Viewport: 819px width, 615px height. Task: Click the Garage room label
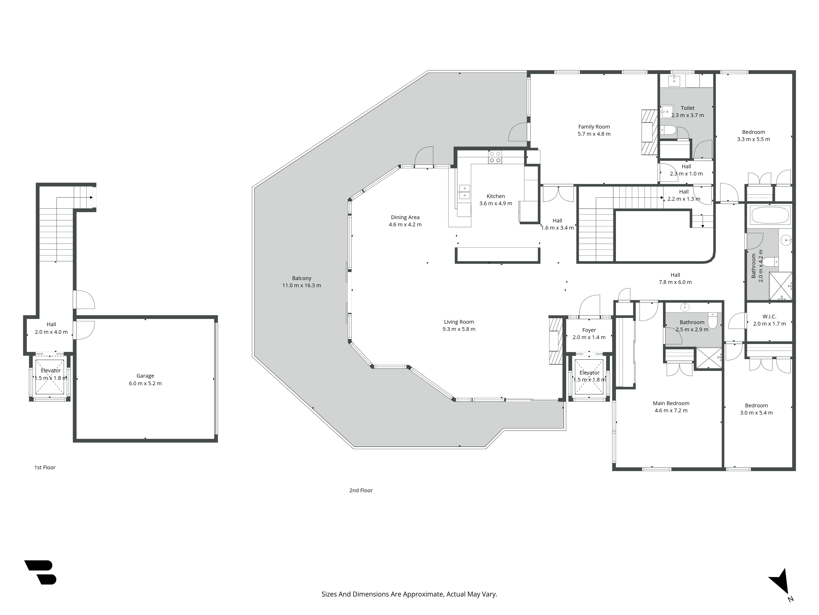point(145,376)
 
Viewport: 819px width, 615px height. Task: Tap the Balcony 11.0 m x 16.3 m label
point(301,282)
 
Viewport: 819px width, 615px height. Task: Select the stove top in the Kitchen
point(495,157)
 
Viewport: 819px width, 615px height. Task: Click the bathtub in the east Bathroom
point(770,215)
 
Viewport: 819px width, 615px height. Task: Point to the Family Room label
point(594,127)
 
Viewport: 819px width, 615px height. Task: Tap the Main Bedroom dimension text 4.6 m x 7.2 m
point(671,410)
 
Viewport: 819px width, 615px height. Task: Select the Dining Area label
point(405,217)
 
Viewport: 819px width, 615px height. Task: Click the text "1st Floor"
point(45,467)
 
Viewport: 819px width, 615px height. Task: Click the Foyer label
point(589,330)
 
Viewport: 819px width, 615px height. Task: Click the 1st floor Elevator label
point(51,370)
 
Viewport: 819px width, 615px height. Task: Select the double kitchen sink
point(464,192)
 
